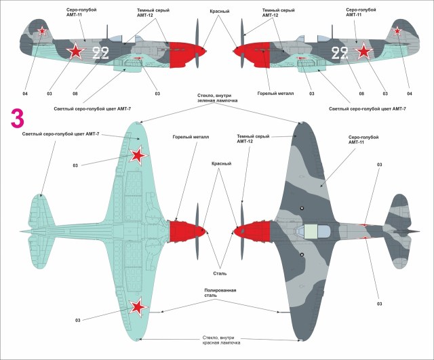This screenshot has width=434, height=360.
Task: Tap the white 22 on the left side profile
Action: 100,54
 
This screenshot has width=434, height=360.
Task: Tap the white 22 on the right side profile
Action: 340,54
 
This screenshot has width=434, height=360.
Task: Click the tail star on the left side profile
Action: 42,31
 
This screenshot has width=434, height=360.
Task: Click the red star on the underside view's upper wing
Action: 138,157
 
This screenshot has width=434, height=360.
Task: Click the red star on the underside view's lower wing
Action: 139,308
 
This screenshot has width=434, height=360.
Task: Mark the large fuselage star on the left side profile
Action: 73,50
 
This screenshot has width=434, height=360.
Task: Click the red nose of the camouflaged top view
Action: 256,232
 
